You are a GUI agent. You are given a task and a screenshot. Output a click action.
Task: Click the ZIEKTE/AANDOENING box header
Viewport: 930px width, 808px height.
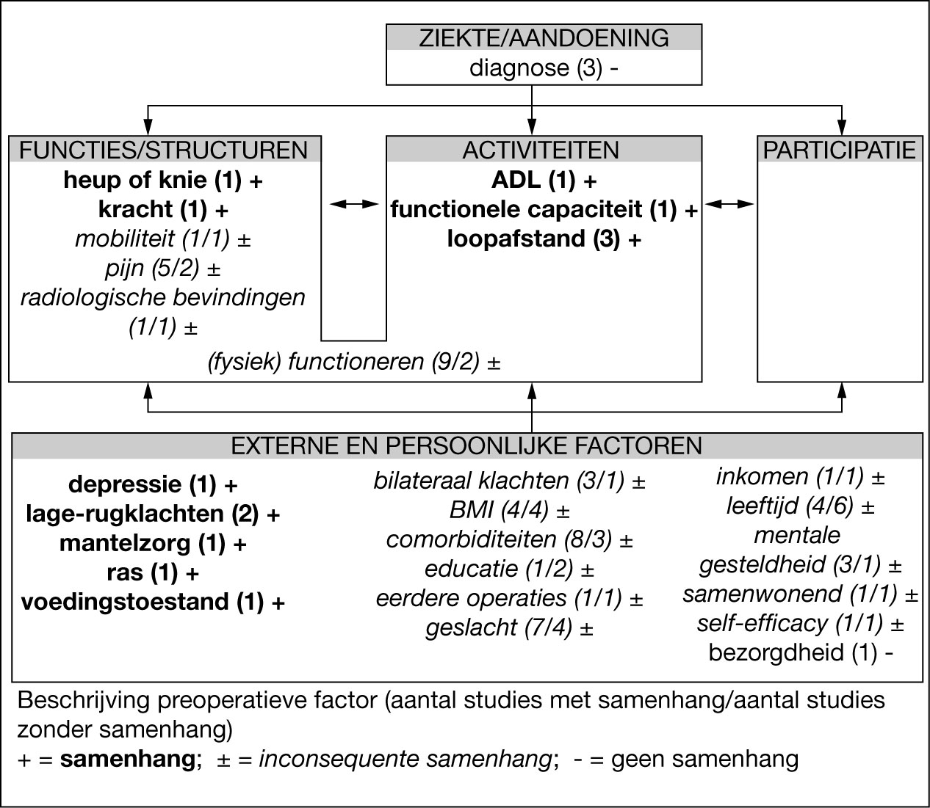pos(544,38)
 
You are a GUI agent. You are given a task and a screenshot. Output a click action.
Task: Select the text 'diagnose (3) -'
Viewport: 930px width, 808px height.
pos(544,68)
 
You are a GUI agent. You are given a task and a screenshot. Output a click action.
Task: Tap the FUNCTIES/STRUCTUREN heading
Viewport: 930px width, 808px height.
pos(163,150)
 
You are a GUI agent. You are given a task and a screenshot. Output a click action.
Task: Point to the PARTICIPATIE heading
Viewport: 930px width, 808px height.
pos(840,150)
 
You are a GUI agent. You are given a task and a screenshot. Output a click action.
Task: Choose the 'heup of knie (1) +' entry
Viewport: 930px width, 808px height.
pos(163,181)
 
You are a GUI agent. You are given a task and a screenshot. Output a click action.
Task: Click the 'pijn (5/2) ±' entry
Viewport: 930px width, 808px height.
pos(163,269)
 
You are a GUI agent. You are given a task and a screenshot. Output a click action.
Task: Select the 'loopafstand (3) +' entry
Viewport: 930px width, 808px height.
pos(544,239)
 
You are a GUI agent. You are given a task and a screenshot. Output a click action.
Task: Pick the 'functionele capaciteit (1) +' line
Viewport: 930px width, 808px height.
pos(544,210)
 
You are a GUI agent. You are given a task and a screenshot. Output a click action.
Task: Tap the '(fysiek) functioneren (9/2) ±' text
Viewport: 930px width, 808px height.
pos(354,362)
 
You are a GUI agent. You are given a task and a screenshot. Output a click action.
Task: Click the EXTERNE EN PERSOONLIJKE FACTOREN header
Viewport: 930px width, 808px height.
pos(467,446)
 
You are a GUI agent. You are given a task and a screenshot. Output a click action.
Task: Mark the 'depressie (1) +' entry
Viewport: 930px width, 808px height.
pos(154,485)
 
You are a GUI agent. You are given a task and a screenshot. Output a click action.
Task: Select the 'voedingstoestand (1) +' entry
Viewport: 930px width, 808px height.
pos(154,602)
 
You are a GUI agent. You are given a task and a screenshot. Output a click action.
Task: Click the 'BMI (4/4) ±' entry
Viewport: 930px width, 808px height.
pos(510,511)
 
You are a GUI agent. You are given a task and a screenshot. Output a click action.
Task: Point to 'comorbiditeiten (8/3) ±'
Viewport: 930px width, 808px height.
pos(510,540)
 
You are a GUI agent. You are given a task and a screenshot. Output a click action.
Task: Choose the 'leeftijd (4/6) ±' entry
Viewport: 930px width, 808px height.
pos(801,506)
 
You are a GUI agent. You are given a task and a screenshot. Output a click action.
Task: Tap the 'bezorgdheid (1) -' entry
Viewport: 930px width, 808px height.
pos(801,652)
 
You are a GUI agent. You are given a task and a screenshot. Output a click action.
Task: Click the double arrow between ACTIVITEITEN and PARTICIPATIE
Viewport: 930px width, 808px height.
pos(729,205)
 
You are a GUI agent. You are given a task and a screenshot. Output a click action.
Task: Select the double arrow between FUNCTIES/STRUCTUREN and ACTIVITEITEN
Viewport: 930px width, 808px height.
pos(353,205)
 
